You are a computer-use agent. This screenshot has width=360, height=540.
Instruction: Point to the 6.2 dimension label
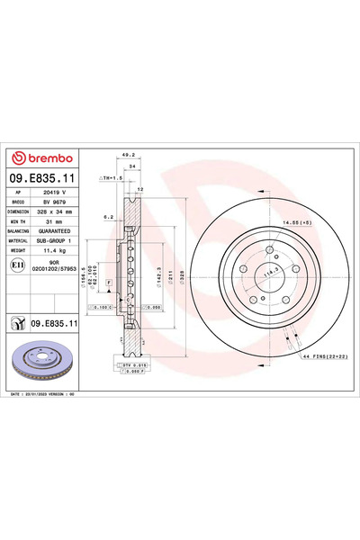point(107,217)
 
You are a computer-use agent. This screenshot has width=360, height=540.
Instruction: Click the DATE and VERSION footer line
point(54,394)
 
